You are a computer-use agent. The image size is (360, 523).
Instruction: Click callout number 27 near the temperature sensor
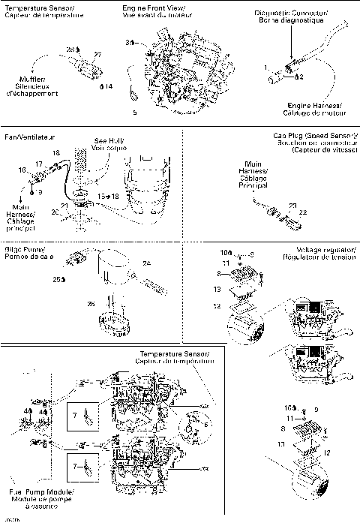(97, 54)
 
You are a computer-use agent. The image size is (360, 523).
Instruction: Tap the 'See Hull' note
(109, 140)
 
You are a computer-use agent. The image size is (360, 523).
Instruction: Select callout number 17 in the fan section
(38, 164)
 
